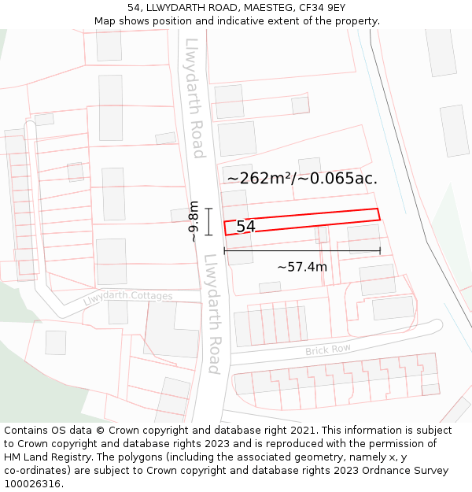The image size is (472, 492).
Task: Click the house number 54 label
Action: pyautogui.click(x=245, y=227)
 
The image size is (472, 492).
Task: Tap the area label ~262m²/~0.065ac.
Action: pyautogui.click(x=302, y=178)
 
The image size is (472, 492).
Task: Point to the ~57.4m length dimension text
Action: pyautogui.click(x=302, y=267)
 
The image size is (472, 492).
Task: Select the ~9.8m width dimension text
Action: pyautogui.click(x=193, y=221)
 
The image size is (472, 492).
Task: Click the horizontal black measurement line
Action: pyautogui.click(x=302, y=251)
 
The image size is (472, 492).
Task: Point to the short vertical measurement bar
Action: pyautogui.click(x=208, y=221)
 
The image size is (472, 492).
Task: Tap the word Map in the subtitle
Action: pyautogui.click(x=105, y=21)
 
